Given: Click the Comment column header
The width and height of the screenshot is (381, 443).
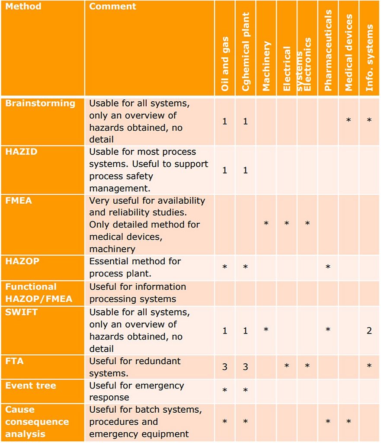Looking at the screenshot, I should (x=112, y=6).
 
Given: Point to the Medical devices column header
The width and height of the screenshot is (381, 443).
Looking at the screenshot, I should (x=349, y=52).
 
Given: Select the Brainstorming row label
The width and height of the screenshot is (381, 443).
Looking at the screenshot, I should (x=40, y=103).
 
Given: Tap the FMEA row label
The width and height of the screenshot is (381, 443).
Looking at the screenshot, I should (x=19, y=201).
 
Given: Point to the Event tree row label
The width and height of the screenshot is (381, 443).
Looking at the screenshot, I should (x=31, y=385).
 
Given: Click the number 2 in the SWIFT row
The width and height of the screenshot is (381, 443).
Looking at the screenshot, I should (x=369, y=331).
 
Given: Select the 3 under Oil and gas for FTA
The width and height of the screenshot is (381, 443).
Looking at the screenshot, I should (x=224, y=367).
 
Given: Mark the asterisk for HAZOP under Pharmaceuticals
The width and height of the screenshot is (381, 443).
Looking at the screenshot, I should (x=328, y=267).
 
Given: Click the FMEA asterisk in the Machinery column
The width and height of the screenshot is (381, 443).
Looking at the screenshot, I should (x=266, y=224).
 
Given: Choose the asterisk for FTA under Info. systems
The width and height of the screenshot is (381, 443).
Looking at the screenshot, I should (x=369, y=366).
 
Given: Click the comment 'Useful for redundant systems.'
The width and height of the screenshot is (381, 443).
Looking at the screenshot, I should (x=135, y=367).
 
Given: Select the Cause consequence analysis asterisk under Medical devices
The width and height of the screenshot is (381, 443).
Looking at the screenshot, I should (x=349, y=422).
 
